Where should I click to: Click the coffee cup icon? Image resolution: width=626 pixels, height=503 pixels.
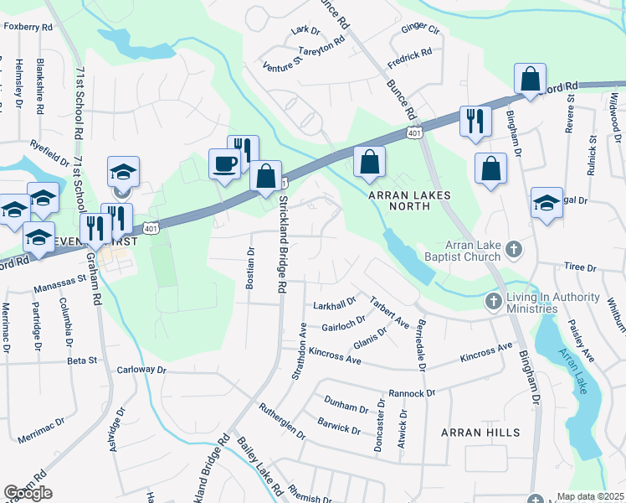[224, 163]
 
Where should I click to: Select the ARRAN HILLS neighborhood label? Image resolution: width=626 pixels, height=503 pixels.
[480, 433]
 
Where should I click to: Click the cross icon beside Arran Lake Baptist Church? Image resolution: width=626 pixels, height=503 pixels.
[514, 249]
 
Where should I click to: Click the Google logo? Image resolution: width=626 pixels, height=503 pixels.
[28, 493]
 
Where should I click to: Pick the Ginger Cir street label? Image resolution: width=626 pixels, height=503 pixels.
[420, 29]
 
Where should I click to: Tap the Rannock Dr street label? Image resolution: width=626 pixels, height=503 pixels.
[413, 392]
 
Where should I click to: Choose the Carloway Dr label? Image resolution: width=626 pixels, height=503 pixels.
[142, 369]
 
